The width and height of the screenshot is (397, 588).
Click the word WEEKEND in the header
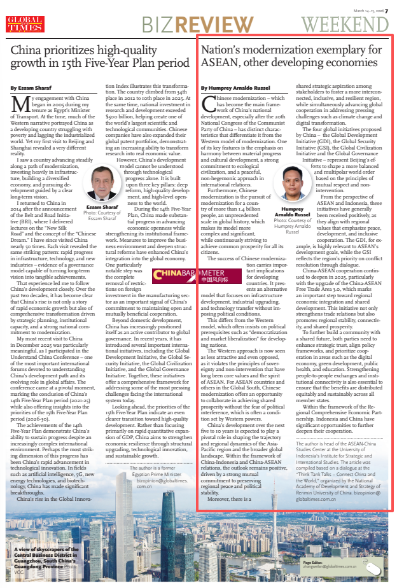point(345,24)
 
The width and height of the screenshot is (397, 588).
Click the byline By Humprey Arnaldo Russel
point(235,88)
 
